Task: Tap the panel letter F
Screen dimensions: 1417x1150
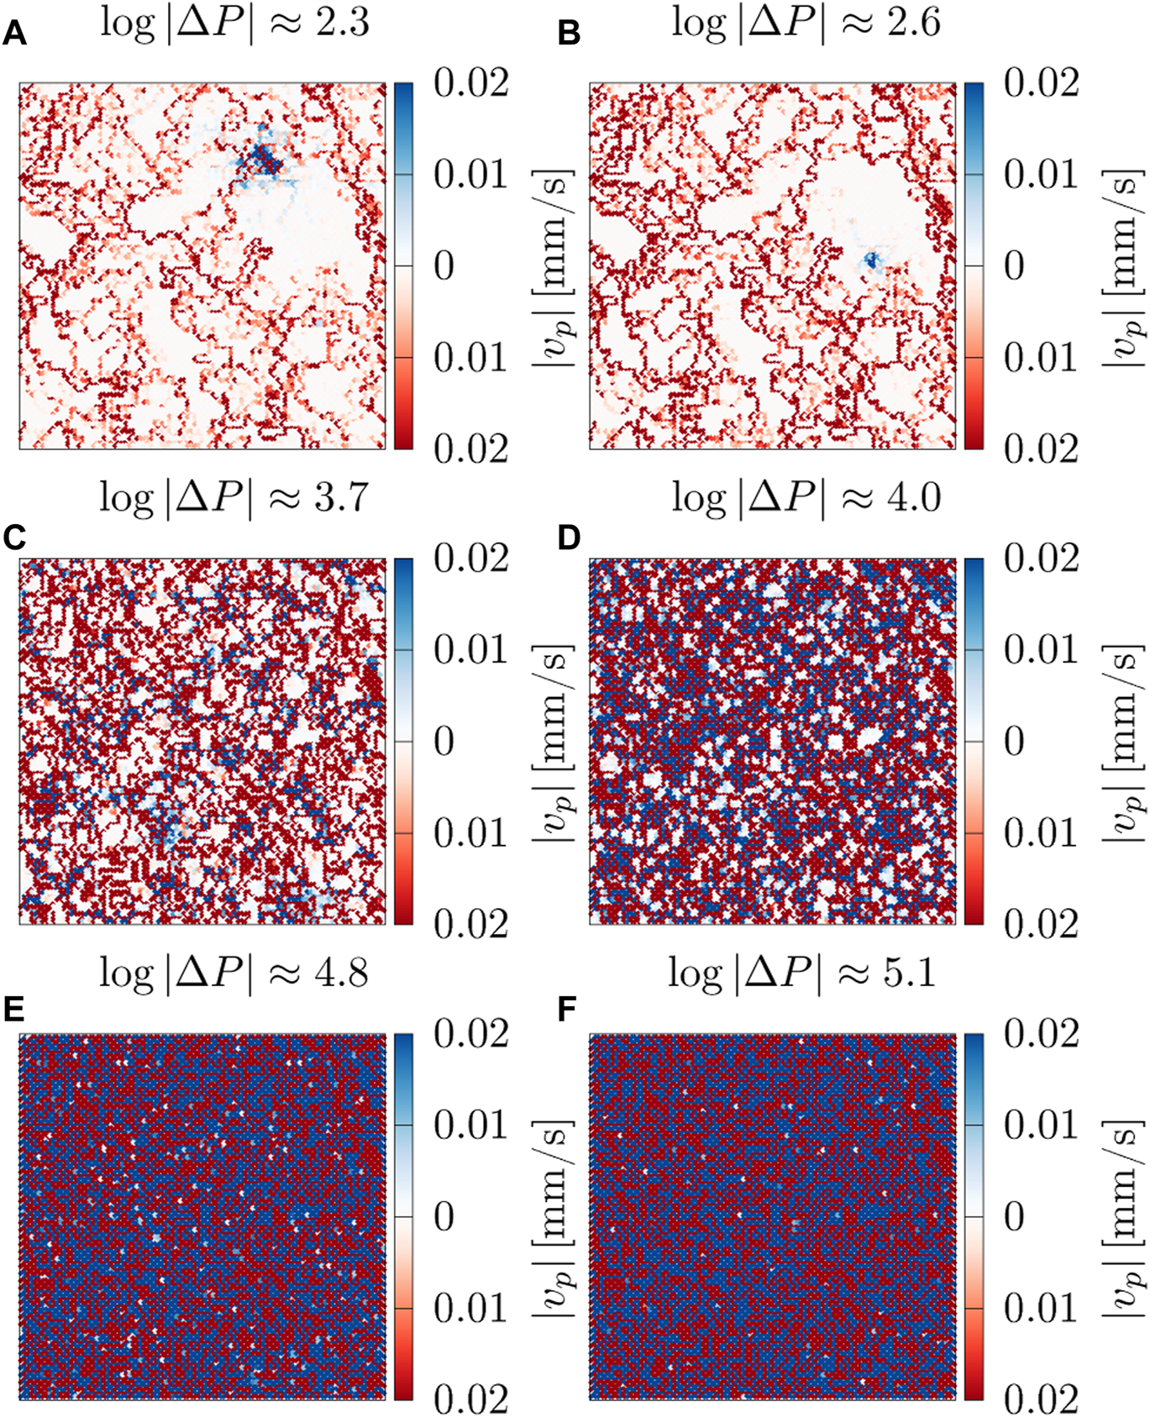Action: [x=568, y=1010]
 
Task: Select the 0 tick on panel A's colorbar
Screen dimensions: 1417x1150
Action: [x=444, y=266]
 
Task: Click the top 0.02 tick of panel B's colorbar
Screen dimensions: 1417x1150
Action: [x=1041, y=84]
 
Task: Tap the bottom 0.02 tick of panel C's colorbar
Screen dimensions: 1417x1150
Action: [x=470, y=924]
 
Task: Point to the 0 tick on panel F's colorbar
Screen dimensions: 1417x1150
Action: [x=1014, y=1217]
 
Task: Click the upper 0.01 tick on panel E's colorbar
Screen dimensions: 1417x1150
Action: [x=470, y=1126]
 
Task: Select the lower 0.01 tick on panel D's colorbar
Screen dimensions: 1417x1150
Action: [x=1041, y=833]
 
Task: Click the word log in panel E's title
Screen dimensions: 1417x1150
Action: [x=127, y=973]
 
